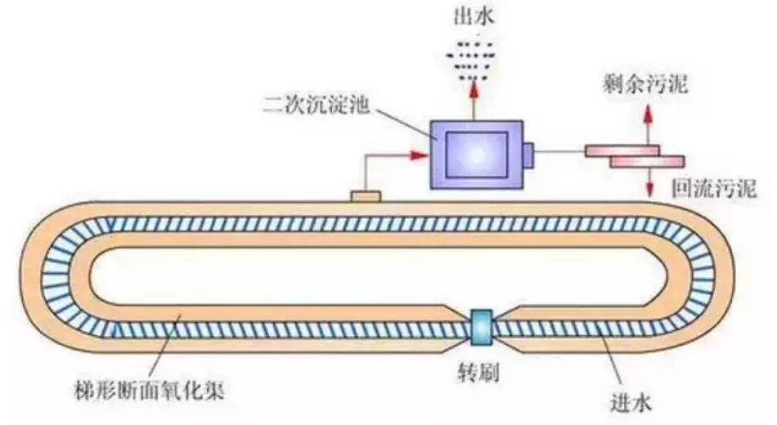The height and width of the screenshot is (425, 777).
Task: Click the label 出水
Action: click(x=474, y=16)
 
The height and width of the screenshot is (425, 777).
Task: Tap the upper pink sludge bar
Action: click(x=622, y=150)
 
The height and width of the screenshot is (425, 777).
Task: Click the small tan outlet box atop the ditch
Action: click(x=366, y=196)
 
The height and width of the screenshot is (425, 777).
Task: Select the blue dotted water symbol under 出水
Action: click(x=473, y=58)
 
